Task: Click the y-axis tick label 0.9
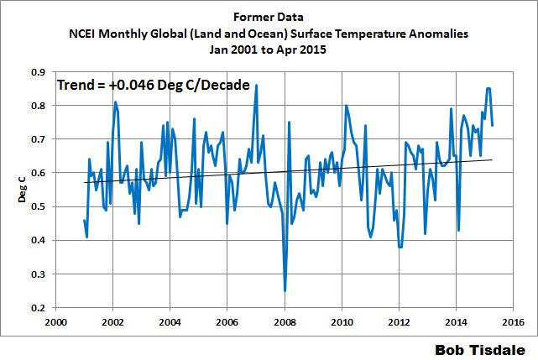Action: click(x=39, y=72)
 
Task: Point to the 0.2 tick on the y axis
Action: click(x=39, y=308)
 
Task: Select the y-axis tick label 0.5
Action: click(x=39, y=206)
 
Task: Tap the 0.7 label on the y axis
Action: click(x=39, y=139)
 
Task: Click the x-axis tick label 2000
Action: click(x=55, y=321)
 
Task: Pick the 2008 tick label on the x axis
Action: click(x=285, y=321)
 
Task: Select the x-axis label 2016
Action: click(x=514, y=321)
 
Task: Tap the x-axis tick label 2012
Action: click(x=400, y=321)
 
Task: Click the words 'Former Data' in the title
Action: click(x=269, y=17)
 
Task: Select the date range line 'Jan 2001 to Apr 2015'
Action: click(x=269, y=50)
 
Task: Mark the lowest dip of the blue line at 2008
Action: click(x=285, y=290)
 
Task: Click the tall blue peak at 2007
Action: click(x=256, y=86)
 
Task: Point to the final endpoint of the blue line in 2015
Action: click(x=492, y=125)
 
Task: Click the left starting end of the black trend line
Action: click(x=85, y=182)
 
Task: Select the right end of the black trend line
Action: click(x=492, y=159)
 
